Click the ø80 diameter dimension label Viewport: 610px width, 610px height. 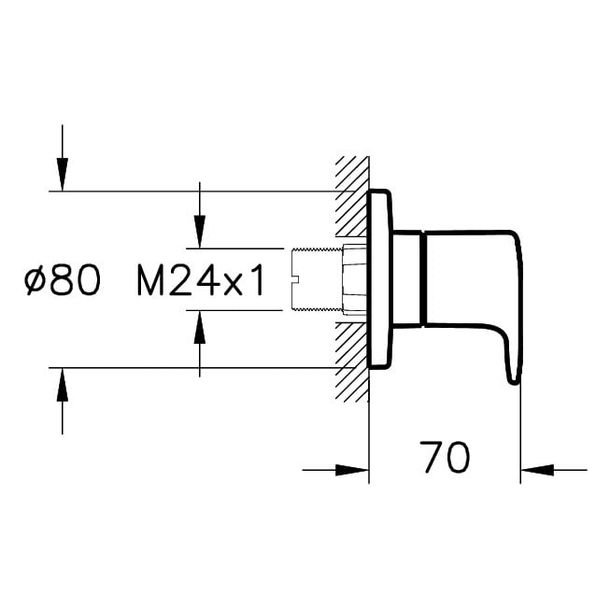[63, 279]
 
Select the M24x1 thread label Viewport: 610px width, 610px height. [201, 279]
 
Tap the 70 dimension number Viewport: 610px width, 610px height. [445, 457]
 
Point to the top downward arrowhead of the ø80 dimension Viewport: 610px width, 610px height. [63, 175]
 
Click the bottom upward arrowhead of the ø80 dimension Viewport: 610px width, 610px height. [63, 384]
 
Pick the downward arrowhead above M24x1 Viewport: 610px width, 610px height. [200, 231]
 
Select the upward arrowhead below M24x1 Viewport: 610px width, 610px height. [200, 327]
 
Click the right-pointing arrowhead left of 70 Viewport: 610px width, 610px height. [351, 470]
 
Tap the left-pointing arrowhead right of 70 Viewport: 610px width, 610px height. [537, 470]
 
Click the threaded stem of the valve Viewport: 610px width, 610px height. [317, 279]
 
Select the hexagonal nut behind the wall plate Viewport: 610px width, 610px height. [354, 279]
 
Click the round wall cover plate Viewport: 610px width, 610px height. [379, 279]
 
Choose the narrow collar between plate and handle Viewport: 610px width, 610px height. [407, 278]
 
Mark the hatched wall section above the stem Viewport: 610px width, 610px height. [351, 196]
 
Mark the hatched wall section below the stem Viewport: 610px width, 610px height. [351, 362]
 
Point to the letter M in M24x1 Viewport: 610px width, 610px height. [150, 279]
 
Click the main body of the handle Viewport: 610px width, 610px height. [472, 278]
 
